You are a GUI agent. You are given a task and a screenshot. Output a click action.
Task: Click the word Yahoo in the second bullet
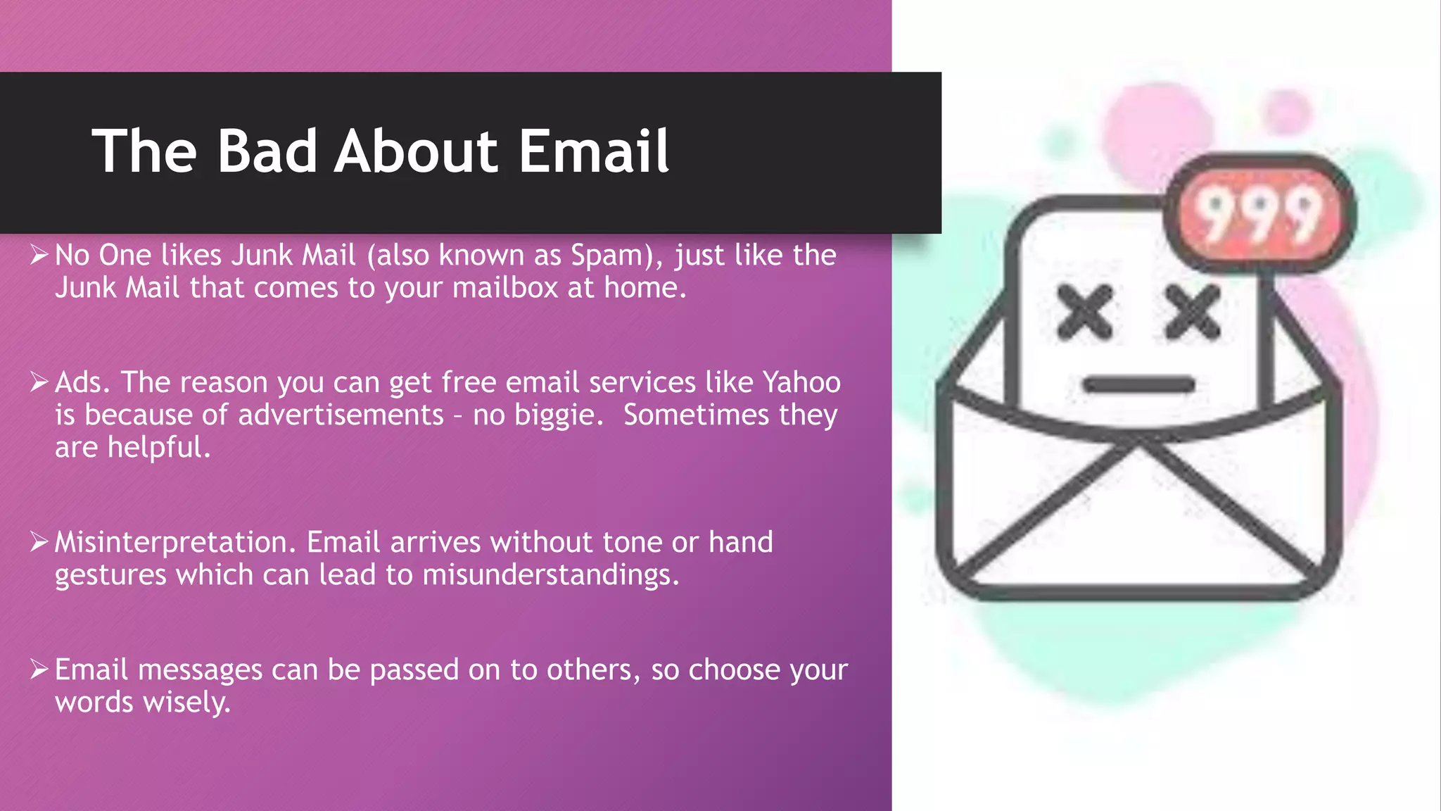[x=801, y=382]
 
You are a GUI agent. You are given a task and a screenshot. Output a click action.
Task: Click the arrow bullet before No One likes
[x=39, y=255]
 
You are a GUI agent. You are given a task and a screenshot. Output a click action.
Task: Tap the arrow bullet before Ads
[x=39, y=382]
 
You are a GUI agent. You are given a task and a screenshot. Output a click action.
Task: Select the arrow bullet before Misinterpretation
[x=39, y=542]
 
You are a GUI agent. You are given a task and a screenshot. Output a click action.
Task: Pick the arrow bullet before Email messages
[x=39, y=669]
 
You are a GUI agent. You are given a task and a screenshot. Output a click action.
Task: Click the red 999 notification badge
[x=1259, y=213]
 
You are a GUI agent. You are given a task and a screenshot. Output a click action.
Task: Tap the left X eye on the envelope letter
[x=1086, y=311]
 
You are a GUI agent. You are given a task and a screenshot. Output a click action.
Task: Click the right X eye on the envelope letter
[x=1193, y=311]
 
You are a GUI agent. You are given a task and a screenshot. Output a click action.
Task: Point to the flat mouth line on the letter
[x=1138, y=384]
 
